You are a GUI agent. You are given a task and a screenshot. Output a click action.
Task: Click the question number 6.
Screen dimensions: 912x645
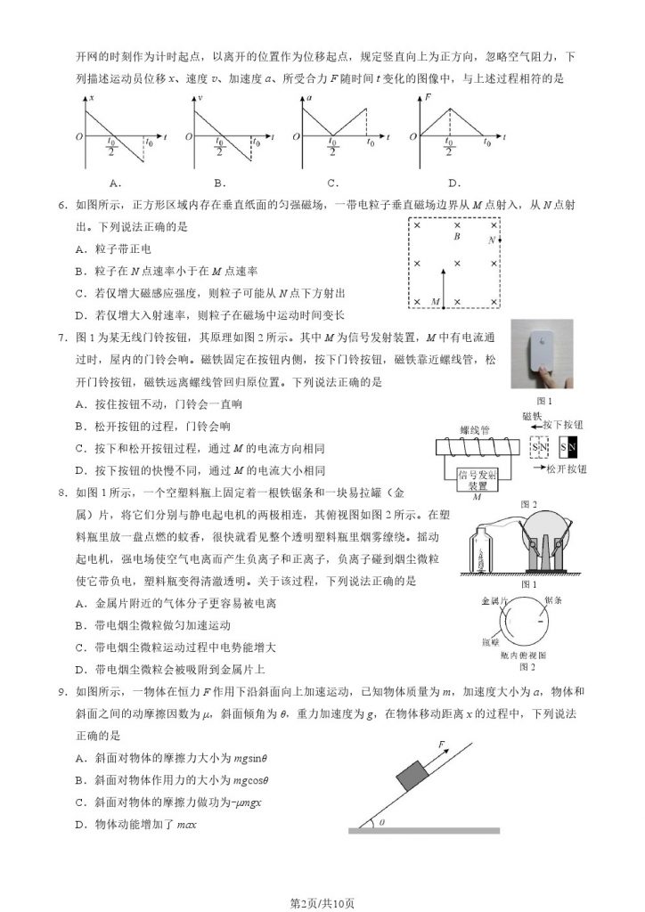(x=61, y=206)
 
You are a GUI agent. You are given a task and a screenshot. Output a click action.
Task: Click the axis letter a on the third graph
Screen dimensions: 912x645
(x=309, y=95)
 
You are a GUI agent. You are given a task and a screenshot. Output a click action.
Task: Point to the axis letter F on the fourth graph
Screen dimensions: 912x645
(x=429, y=95)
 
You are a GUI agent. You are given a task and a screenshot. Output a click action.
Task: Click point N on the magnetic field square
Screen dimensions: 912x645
(x=492, y=240)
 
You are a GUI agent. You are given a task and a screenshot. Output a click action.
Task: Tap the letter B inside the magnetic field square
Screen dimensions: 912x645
(x=456, y=237)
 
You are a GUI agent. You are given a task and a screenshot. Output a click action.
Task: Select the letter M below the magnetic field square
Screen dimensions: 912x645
(x=435, y=303)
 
